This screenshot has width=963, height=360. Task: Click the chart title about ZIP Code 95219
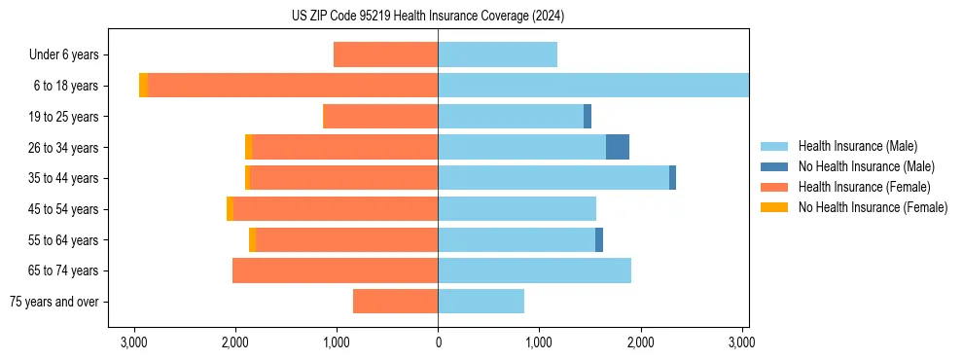pos(428,17)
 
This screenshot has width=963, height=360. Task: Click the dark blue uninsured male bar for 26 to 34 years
pos(618,147)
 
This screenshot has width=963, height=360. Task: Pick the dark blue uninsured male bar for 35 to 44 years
pos(672,178)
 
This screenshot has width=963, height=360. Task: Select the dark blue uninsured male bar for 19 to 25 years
pos(588,117)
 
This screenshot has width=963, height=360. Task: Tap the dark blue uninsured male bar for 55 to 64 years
pos(599,239)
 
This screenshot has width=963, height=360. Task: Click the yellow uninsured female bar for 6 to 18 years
pos(143,86)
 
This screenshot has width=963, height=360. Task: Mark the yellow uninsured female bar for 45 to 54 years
pos(230,209)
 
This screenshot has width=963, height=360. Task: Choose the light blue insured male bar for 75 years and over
pos(481,302)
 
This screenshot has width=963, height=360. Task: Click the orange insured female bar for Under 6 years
pos(386,54)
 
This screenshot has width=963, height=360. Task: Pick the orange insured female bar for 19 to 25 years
pos(380,117)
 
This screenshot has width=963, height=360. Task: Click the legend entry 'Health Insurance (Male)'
pos(857,146)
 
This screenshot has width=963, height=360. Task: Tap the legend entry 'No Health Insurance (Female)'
pos(873,207)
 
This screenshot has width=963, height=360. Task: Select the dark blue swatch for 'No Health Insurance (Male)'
pos(774,166)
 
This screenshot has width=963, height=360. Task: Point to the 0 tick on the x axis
pos(438,342)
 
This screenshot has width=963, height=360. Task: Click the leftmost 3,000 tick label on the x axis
pos(134,342)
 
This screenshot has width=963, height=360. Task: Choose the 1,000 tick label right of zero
pos(539,342)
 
